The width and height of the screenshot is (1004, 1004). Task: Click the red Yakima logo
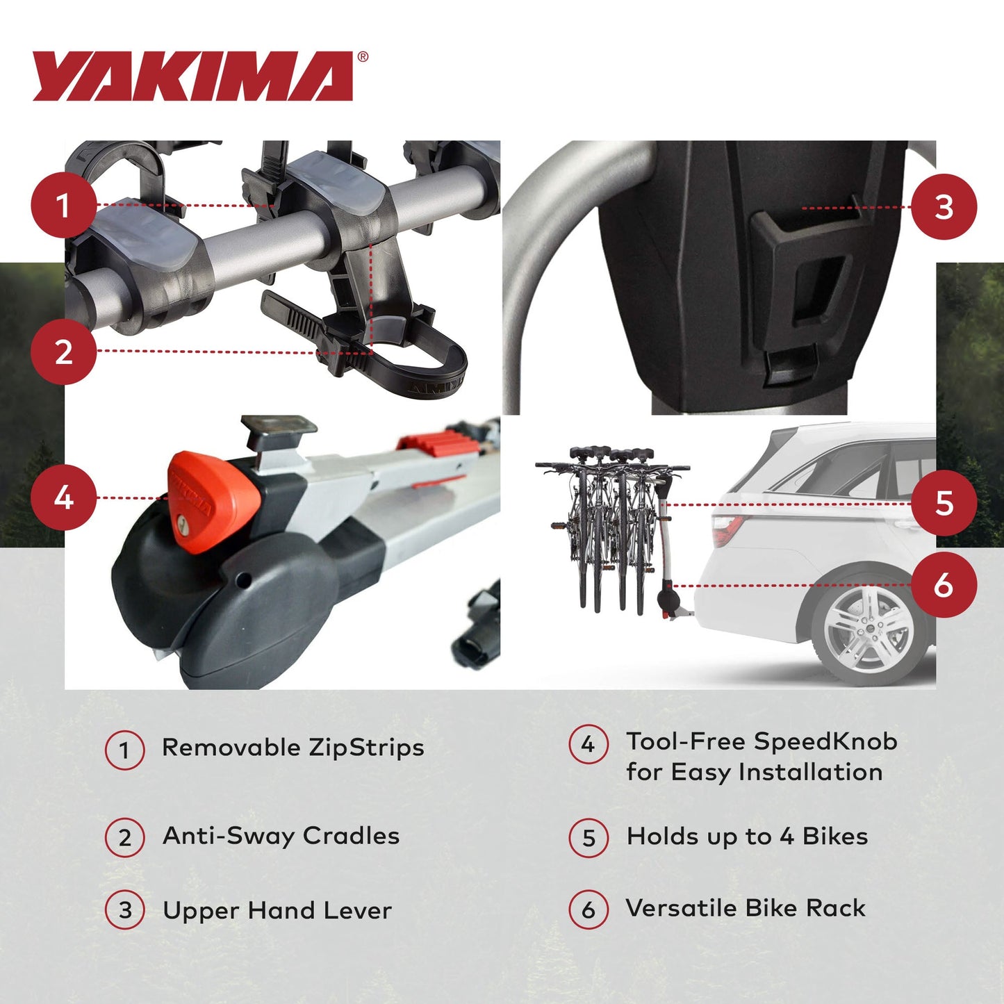click(x=193, y=76)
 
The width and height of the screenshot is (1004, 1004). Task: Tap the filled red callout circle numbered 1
click(x=63, y=206)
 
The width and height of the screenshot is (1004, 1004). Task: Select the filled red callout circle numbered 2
click(x=63, y=351)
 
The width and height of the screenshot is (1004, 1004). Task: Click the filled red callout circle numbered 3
click(x=944, y=207)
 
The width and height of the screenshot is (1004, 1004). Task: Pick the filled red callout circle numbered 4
click(x=63, y=497)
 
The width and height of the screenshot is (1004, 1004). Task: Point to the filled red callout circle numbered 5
click(x=944, y=504)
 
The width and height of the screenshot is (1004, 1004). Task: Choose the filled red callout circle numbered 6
click(x=944, y=585)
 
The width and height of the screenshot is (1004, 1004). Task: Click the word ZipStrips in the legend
click(x=366, y=748)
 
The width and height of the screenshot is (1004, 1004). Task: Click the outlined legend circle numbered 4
click(x=589, y=745)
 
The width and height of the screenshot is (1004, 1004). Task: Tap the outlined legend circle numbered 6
click(x=589, y=910)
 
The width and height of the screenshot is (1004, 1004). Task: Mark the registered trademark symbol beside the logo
click(x=362, y=58)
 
